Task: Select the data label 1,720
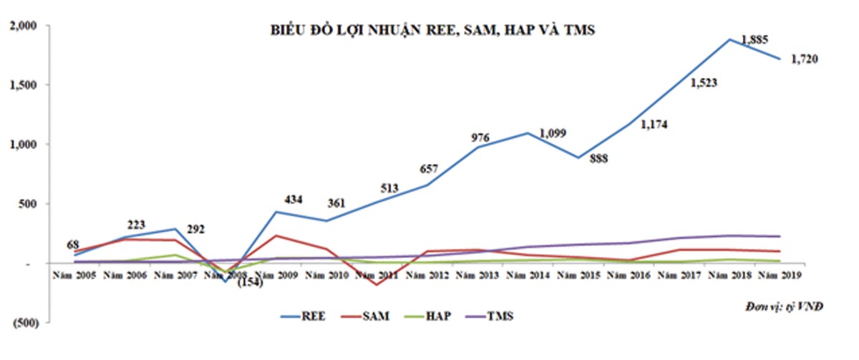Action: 804,59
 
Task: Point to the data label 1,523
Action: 704,83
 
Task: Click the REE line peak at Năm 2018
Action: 729,39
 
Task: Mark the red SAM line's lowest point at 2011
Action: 375,285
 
